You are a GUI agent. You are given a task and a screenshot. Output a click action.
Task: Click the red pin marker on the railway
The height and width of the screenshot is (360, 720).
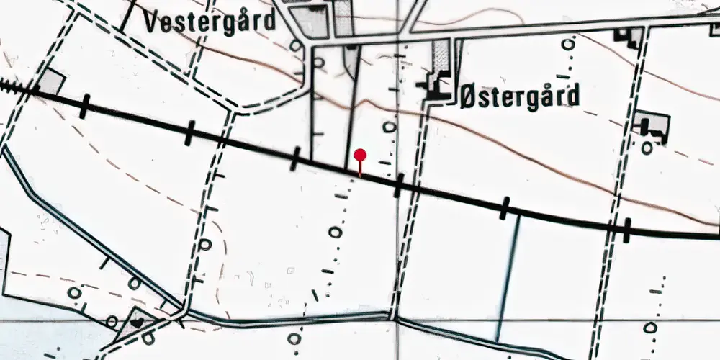click(360, 156)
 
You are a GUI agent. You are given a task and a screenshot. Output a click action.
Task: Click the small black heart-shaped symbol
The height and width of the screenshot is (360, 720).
click(138, 323)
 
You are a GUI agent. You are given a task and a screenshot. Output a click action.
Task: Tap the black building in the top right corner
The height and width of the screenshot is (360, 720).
click(627, 37)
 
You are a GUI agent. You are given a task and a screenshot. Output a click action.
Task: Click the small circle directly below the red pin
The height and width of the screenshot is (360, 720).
click(334, 232)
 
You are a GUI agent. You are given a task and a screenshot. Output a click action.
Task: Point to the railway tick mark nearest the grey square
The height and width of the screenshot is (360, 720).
click(85, 106)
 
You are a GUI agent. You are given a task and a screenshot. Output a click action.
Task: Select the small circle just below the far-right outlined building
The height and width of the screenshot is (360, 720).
click(647, 148)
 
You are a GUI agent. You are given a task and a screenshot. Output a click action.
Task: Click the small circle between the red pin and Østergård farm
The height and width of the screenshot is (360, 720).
click(389, 127)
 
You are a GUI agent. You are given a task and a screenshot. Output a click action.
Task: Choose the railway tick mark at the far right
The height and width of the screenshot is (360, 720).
click(627, 230)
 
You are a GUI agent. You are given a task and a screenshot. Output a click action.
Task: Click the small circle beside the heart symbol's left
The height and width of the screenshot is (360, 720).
click(112, 320)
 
